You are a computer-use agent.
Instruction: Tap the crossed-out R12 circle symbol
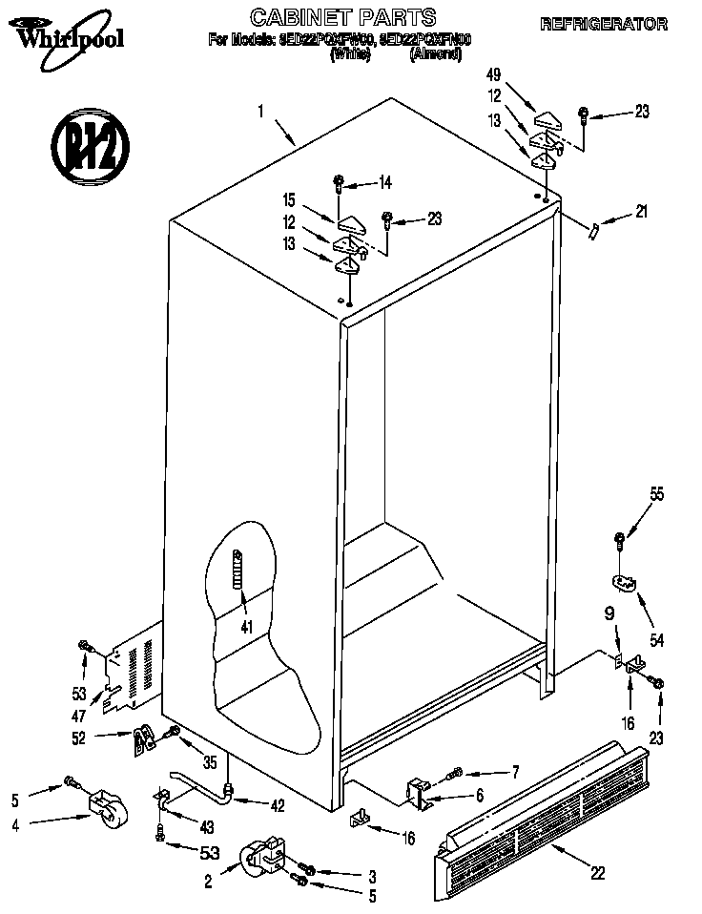[x=86, y=147]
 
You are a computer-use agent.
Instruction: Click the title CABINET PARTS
[x=342, y=17]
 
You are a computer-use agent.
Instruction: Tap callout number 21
[x=640, y=213]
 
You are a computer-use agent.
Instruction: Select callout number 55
[x=656, y=494]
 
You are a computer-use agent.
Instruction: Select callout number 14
[x=385, y=181]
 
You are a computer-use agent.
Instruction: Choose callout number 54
[x=656, y=638]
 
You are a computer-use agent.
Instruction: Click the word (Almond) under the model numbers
[x=435, y=55]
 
